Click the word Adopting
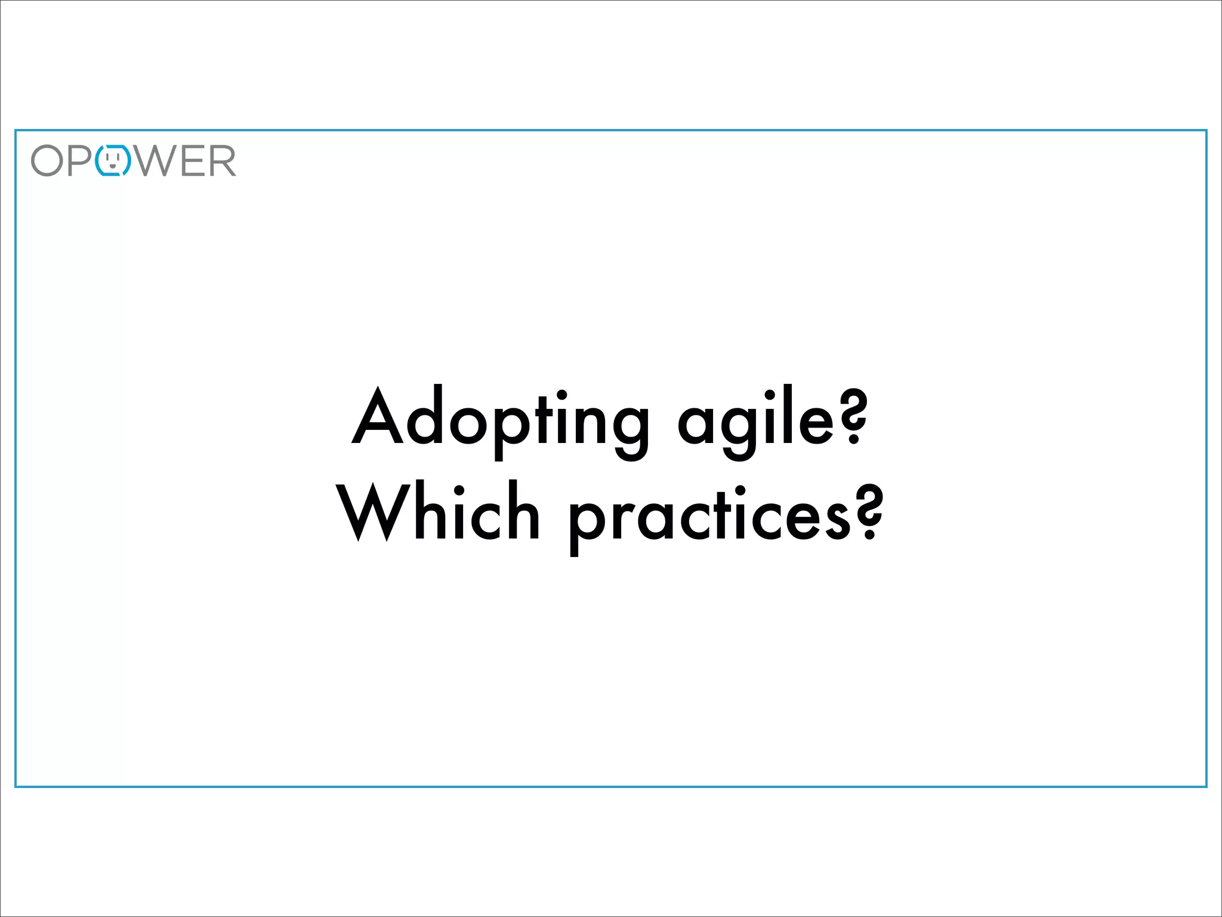coord(500,421)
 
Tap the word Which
coord(439,513)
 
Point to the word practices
coord(710,516)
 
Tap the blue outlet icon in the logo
coord(113,161)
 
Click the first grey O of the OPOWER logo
coord(47,161)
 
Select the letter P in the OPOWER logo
coord(80,161)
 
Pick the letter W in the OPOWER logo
coord(154,161)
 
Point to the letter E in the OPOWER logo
coord(192,161)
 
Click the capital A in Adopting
coord(377,417)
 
